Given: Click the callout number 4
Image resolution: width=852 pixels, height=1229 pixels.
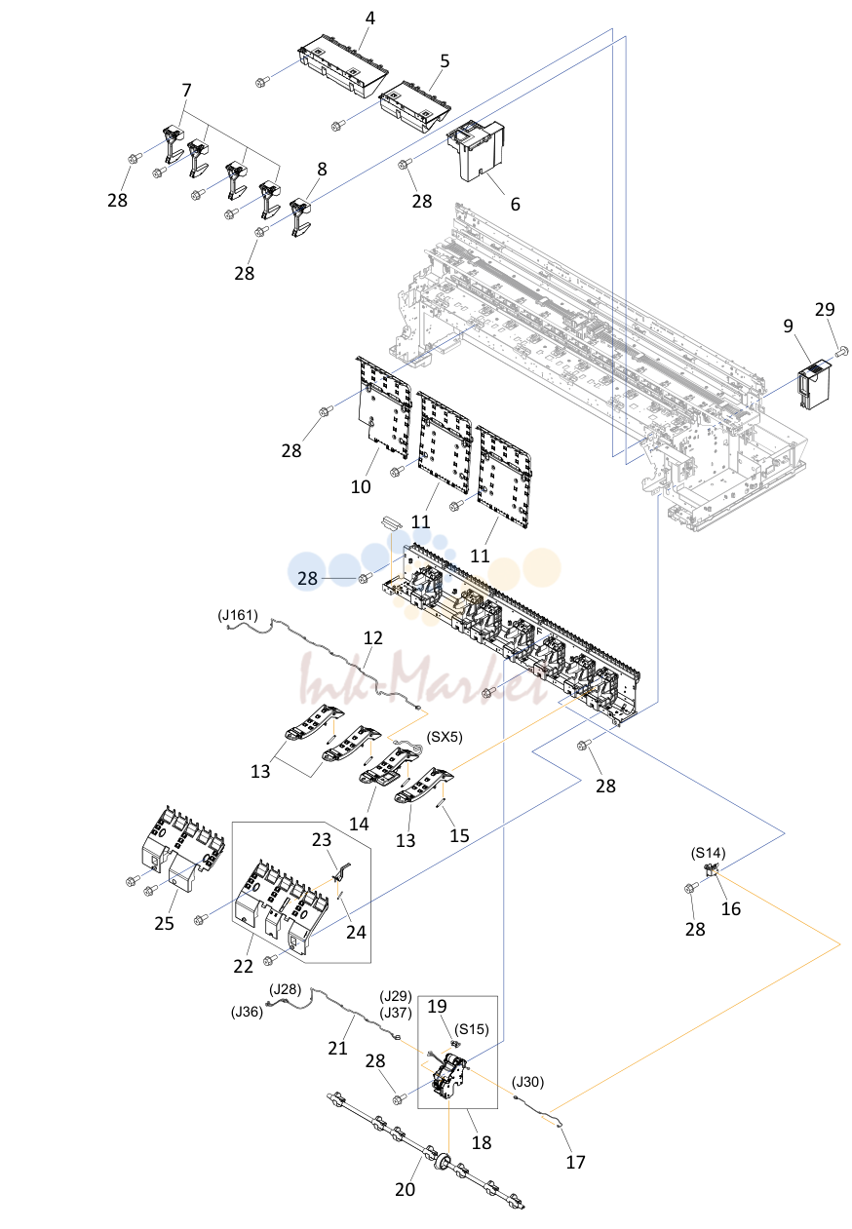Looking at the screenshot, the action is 369,19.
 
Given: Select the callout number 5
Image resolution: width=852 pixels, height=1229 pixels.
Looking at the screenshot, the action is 445,60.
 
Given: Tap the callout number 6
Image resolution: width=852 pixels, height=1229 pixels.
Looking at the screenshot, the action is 515,204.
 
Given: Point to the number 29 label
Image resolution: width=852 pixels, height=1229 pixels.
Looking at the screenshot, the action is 824,310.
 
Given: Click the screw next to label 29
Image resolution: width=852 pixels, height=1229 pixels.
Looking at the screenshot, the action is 842,350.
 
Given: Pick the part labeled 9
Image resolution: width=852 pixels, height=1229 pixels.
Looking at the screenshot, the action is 814,383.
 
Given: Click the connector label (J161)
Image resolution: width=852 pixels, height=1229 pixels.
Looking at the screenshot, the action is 238,615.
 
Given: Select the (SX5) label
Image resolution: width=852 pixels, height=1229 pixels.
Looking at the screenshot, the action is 445,737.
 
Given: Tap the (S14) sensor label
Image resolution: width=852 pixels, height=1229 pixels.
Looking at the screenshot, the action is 708,853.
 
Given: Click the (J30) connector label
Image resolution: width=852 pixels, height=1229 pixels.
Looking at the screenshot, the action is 527,1082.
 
